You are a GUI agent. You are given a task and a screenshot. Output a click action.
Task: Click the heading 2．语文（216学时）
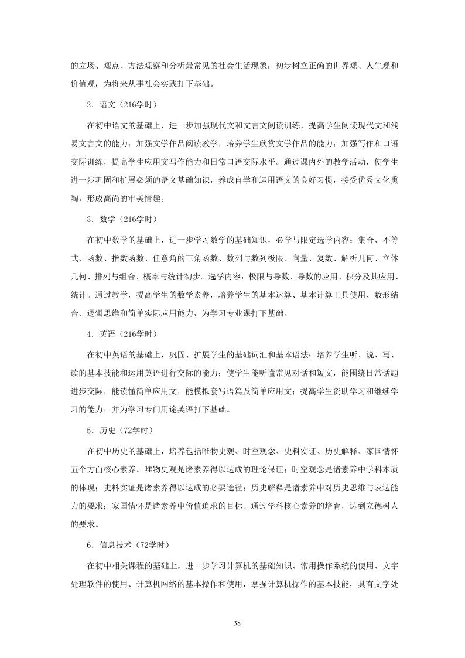click(x=122, y=104)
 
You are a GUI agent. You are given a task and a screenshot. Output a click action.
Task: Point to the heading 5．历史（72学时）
click(x=119, y=431)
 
